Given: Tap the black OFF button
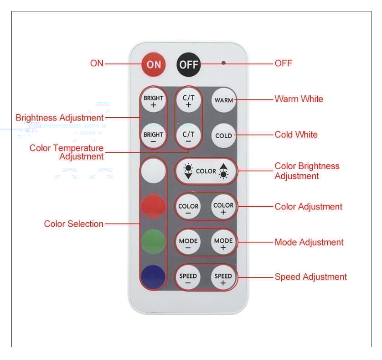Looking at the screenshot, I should point(189,64).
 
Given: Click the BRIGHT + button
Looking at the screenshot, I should point(153,101).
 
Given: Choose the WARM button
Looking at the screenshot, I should point(224,100).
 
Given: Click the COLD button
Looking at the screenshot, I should point(224,136).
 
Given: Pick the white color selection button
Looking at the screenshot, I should point(153,171).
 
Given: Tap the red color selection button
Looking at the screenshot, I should point(153,206).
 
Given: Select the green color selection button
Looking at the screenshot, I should point(153,241).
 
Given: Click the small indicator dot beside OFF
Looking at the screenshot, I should point(223,63).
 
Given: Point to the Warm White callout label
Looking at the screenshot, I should point(299,99).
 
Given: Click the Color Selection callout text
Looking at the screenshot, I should point(73,224).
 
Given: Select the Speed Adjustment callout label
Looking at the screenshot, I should point(310,277).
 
